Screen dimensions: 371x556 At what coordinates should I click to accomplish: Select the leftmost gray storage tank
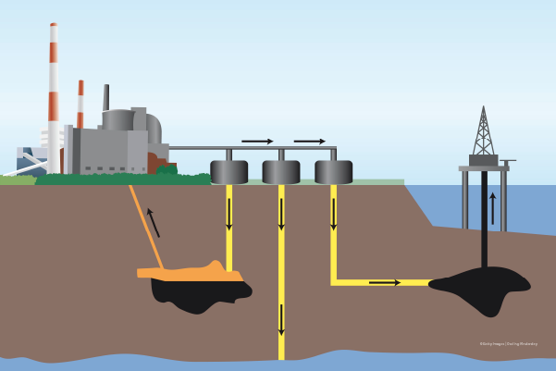(229, 172)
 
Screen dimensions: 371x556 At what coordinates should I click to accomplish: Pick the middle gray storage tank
(281, 172)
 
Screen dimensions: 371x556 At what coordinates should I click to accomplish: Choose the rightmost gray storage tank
(333, 172)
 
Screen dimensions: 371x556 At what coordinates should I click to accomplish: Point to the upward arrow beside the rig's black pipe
(493, 208)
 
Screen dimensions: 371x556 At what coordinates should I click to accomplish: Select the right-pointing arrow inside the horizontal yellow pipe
(385, 282)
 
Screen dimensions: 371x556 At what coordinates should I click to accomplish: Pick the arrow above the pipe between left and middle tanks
(257, 142)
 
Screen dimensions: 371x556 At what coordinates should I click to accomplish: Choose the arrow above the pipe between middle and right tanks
(310, 142)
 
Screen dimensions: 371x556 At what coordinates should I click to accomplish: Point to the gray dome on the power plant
(120, 119)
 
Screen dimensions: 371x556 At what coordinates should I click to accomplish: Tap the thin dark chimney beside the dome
(106, 96)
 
